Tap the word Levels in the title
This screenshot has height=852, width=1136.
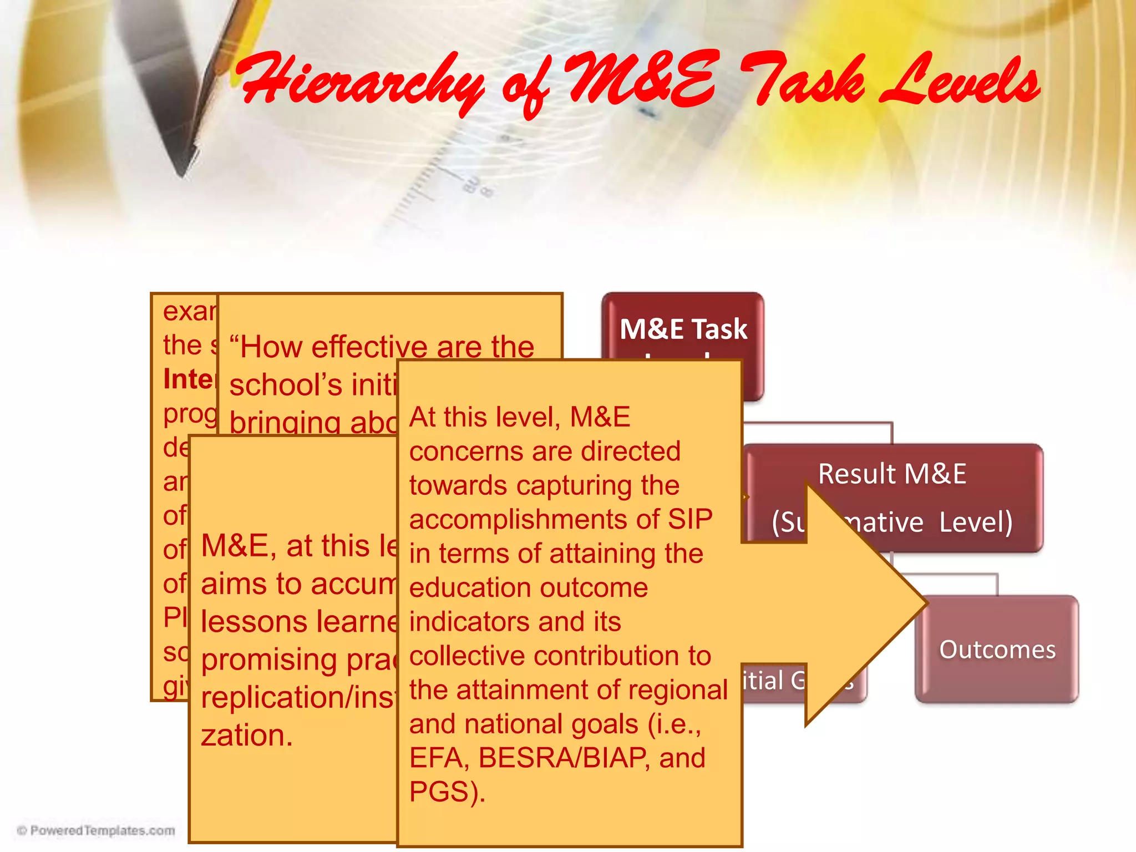coord(960,83)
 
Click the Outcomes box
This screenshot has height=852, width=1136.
coord(997,650)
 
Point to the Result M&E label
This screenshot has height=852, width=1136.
coord(892,474)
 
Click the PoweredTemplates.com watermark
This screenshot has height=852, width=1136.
coord(97,830)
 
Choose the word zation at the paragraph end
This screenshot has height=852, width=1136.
coord(246,736)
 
